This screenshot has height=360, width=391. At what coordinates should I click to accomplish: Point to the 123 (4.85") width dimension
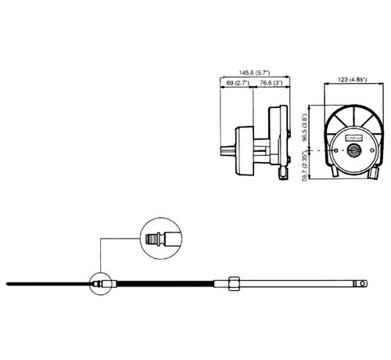[x=349, y=80]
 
